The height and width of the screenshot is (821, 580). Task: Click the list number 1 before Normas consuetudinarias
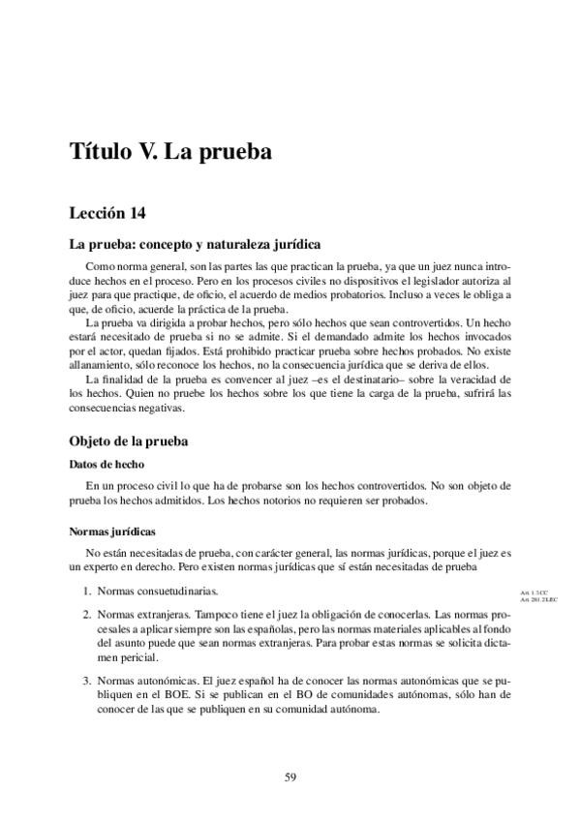click(85, 591)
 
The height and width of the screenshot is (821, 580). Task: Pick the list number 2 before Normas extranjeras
click(85, 614)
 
